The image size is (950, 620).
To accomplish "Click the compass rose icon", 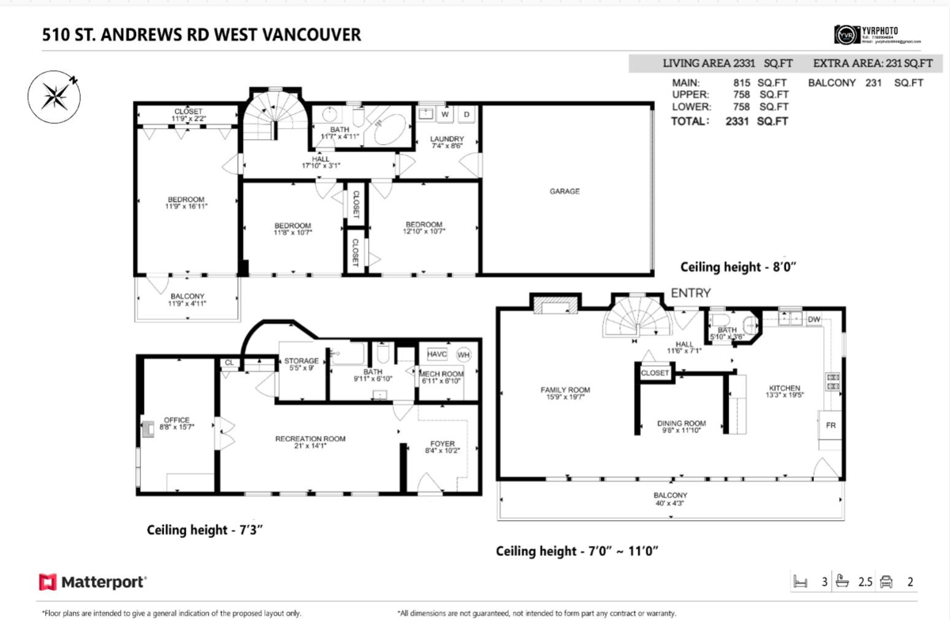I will point(53,94).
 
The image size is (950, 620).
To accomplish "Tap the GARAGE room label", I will point(564,191).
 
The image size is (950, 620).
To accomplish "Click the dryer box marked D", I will point(466,115).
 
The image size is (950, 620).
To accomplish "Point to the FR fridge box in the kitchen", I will point(830,425).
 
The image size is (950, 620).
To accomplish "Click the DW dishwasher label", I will point(813,320).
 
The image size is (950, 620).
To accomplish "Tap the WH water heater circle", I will point(463,355).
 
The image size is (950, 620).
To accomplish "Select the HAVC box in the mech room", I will point(437,355).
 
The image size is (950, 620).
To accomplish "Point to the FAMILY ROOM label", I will point(565,390).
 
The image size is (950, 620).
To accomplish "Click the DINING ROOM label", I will point(681,423).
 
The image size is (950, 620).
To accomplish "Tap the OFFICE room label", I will point(177,420).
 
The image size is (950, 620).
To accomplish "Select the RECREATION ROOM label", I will point(310,439).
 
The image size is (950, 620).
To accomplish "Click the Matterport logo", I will point(93,582).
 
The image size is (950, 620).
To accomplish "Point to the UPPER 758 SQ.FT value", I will point(759,94).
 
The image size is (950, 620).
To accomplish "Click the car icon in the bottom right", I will point(886,582).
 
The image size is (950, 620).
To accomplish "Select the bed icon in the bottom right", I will point(800,582).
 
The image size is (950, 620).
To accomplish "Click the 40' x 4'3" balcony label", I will point(670,499).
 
